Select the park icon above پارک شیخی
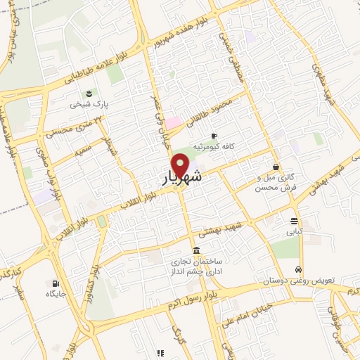coord(89,93)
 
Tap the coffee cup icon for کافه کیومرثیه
coord(214,136)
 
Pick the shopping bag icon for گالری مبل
coord(276,167)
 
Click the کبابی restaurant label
coord(294,230)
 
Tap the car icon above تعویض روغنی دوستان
coord(299,270)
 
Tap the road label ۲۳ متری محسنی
coord(70,127)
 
